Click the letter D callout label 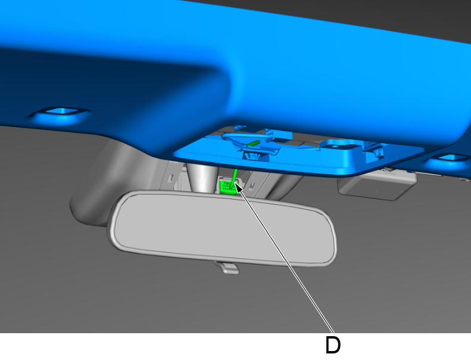tap(333, 345)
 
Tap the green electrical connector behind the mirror tap(229, 187)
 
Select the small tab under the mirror tap(227, 268)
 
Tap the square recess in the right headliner tap(450, 157)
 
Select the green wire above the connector tap(235, 175)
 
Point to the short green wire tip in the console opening tap(253, 144)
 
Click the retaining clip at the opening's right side tap(375, 149)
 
